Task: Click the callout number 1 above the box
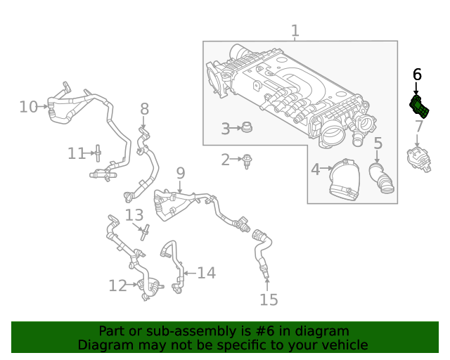point(295,31)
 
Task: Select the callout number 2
point(226,160)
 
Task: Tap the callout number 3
point(226,129)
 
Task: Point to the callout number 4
point(316,169)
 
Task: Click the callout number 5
point(378,144)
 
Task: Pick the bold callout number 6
point(417,74)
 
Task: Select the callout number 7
point(418,127)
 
